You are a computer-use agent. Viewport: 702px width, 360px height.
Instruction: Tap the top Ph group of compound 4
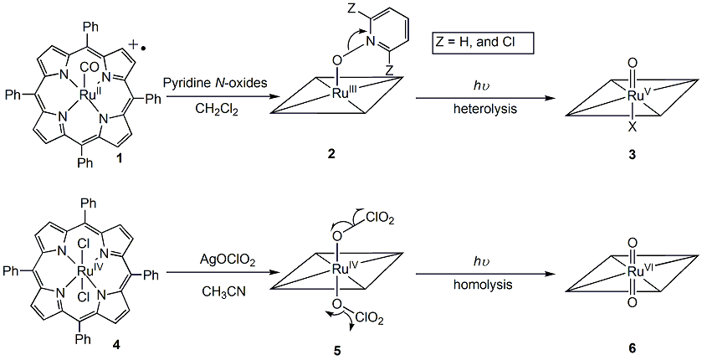[x=86, y=202]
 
